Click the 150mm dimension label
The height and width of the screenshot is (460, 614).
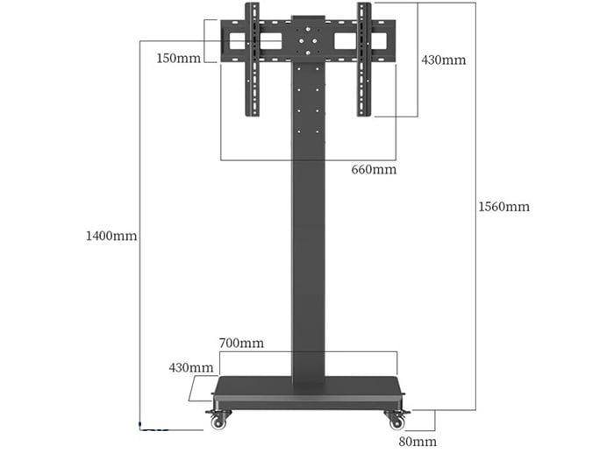pos(179,58)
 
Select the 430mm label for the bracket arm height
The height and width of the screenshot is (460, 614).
pos(443,60)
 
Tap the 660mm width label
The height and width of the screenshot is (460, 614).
pos(374,169)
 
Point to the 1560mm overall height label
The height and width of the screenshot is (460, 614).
pos(503,207)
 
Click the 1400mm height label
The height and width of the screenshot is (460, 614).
pos(111,236)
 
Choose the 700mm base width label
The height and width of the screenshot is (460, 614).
pos(241,343)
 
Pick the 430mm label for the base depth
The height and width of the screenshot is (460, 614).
pos(191,367)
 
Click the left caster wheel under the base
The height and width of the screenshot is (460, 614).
pos(218,421)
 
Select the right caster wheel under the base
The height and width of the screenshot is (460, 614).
pos(396,421)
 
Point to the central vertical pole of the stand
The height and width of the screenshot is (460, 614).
pos(308,245)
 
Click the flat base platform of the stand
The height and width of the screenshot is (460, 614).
pos(308,393)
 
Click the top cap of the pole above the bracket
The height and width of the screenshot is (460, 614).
pos(308,18)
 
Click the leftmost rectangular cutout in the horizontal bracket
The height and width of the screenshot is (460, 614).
pos(236,41)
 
